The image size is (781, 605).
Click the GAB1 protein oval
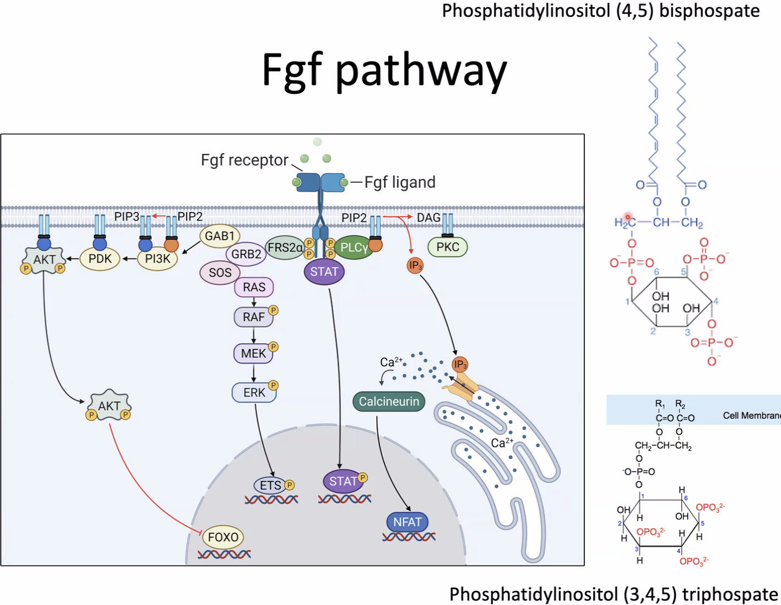tap(219, 236)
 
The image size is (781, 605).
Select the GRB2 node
tap(246, 254)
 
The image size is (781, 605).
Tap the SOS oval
tap(220, 273)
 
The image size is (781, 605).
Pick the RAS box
tap(254, 287)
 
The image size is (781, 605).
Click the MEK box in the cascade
tap(253, 354)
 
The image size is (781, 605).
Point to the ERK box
tap(254, 392)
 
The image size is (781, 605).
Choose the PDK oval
tap(100, 259)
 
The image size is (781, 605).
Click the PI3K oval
tap(158, 259)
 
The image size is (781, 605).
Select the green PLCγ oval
tap(354, 248)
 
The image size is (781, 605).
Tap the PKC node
tap(447, 247)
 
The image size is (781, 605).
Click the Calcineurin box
tap(389, 402)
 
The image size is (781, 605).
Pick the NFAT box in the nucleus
tap(407, 522)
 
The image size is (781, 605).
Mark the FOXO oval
tap(223, 537)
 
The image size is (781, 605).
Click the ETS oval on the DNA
tap(270, 485)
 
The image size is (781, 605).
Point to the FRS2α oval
tap(285, 248)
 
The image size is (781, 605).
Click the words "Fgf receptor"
tap(244, 160)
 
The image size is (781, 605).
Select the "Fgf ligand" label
tap(400, 182)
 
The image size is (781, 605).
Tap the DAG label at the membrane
tap(428, 218)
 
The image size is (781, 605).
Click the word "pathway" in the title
tap(421, 70)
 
